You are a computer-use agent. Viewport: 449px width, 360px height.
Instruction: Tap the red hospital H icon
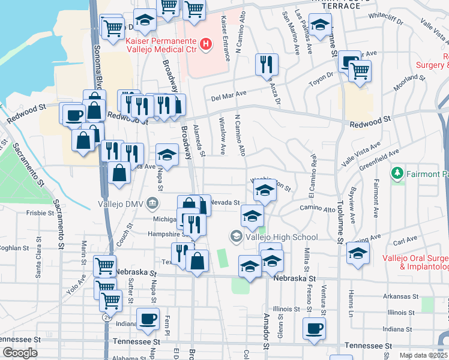click(x=206, y=44)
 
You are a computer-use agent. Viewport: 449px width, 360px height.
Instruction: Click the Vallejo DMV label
click(x=121, y=203)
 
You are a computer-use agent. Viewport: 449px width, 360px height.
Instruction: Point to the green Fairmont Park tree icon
click(x=396, y=174)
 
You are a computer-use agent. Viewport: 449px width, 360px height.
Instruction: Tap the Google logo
click(x=20, y=353)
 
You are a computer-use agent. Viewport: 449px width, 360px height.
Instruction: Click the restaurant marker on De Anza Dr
click(x=267, y=65)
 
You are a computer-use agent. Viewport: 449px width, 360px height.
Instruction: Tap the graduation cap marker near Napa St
click(x=167, y=155)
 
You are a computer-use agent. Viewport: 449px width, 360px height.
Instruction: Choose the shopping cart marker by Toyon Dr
click(x=360, y=71)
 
